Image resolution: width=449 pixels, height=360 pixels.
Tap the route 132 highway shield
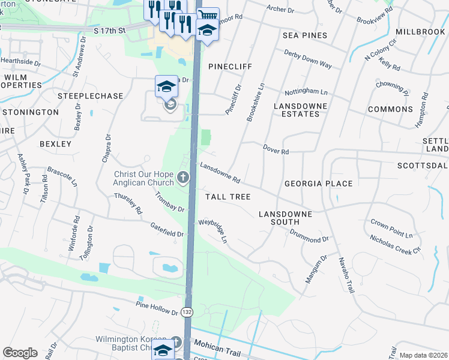tap(187, 312)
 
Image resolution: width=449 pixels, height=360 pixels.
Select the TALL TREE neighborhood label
tap(228, 197)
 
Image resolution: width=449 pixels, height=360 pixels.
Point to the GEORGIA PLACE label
tap(318, 184)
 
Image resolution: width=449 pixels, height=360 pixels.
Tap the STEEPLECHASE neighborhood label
tap(90, 96)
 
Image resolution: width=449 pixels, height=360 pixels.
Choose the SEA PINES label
tap(305, 35)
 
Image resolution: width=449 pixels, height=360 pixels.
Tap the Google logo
tap(20, 353)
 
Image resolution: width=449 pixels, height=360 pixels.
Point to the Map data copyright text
tap(423, 355)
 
